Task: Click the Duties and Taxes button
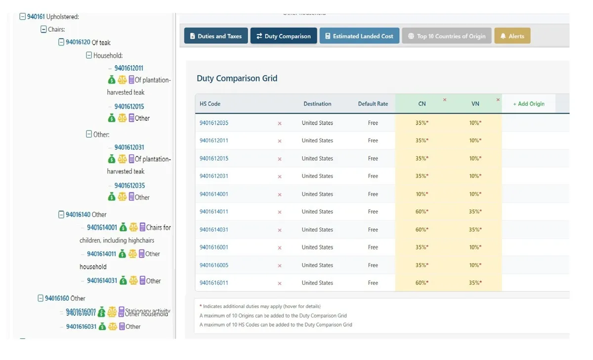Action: pyautogui.click(x=216, y=36)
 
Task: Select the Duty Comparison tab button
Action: pyautogui.click(x=284, y=36)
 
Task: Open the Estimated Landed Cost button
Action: pyautogui.click(x=359, y=36)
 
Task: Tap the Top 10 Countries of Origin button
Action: pyautogui.click(x=447, y=36)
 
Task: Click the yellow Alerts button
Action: pyautogui.click(x=512, y=36)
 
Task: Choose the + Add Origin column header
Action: pyautogui.click(x=528, y=104)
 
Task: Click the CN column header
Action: pyautogui.click(x=422, y=104)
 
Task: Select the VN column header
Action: pyautogui.click(x=475, y=104)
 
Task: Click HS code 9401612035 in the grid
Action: pyautogui.click(x=214, y=123)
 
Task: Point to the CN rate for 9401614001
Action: pyautogui.click(x=422, y=194)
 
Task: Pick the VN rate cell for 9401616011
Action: pyautogui.click(x=475, y=283)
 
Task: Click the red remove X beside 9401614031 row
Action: pyautogui.click(x=280, y=230)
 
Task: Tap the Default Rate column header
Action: pyautogui.click(x=373, y=104)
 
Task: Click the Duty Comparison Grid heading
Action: pyautogui.click(x=237, y=78)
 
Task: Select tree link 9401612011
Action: pyautogui.click(x=128, y=68)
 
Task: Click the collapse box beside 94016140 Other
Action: pyautogui.click(x=61, y=215)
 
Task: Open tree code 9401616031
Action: pyautogui.click(x=81, y=326)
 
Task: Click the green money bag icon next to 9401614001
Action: pyautogui.click(x=123, y=227)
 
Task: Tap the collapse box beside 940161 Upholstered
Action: pyautogui.click(x=22, y=16)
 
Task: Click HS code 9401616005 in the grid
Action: pyautogui.click(x=214, y=265)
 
